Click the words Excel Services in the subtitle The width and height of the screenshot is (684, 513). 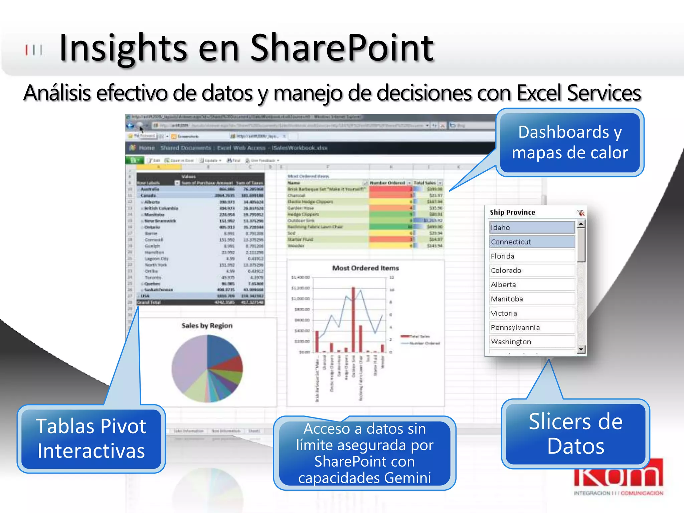[578, 93]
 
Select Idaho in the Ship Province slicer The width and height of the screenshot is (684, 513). [532, 227]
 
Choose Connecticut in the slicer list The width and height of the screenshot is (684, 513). [532, 242]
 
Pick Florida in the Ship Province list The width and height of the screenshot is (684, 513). [532, 256]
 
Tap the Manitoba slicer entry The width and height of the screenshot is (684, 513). [532, 299]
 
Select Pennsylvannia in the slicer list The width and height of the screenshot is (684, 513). [532, 328]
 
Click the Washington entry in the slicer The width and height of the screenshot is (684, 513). [532, 342]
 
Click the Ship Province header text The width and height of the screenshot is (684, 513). [512, 212]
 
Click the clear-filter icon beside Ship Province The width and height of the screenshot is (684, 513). [580, 213]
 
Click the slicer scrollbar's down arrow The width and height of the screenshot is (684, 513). [581, 349]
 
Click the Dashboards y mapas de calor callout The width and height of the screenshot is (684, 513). [570, 142]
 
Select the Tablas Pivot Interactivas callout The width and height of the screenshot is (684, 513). [91, 439]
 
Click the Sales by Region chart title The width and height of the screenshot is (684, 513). [207, 326]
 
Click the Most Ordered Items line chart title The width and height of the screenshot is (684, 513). [365, 268]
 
